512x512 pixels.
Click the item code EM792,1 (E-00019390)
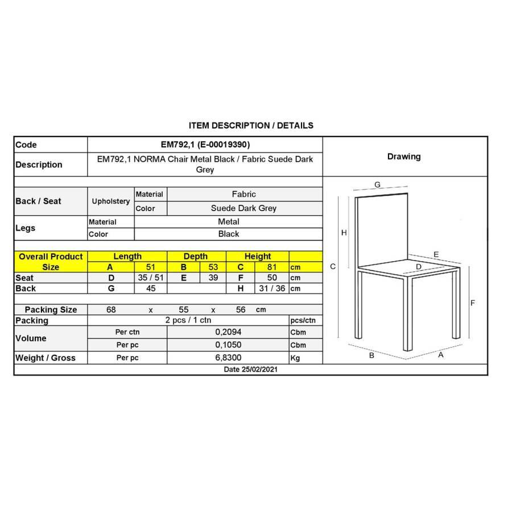click(x=205, y=144)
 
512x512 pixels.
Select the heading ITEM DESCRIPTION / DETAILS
click(x=251, y=125)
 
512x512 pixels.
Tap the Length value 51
click(x=150, y=267)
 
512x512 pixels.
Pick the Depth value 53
click(x=214, y=267)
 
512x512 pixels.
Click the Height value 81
click(x=271, y=267)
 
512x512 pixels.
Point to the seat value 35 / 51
click(x=151, y=278)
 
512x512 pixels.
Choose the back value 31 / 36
click(x=272, y=288)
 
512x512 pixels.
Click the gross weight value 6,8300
click(x=228, y=358)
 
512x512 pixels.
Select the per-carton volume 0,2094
click(x=228, y=332)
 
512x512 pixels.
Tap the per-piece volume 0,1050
click(x=228, y=345)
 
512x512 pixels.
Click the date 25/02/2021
click(x=250, y=370)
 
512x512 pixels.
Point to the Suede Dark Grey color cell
click(x=243, y=208)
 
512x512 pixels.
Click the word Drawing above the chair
click(x=404, y=156)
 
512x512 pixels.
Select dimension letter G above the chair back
click(x=377, y=184)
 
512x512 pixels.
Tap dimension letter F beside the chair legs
click(x=472, y=303)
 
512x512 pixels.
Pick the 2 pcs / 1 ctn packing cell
click(x=188, y=320)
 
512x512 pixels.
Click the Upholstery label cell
click(x=111, y=201)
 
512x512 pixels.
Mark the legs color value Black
click(x=229, y=234)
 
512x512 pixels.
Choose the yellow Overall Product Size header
click(x=51, y=262)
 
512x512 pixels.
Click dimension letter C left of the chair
click(x=333, y=266)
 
